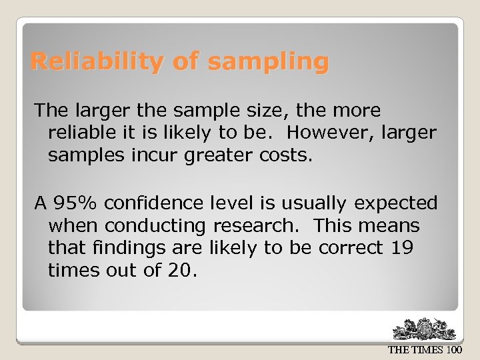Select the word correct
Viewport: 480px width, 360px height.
350,248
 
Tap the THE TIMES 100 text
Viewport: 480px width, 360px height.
425,350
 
